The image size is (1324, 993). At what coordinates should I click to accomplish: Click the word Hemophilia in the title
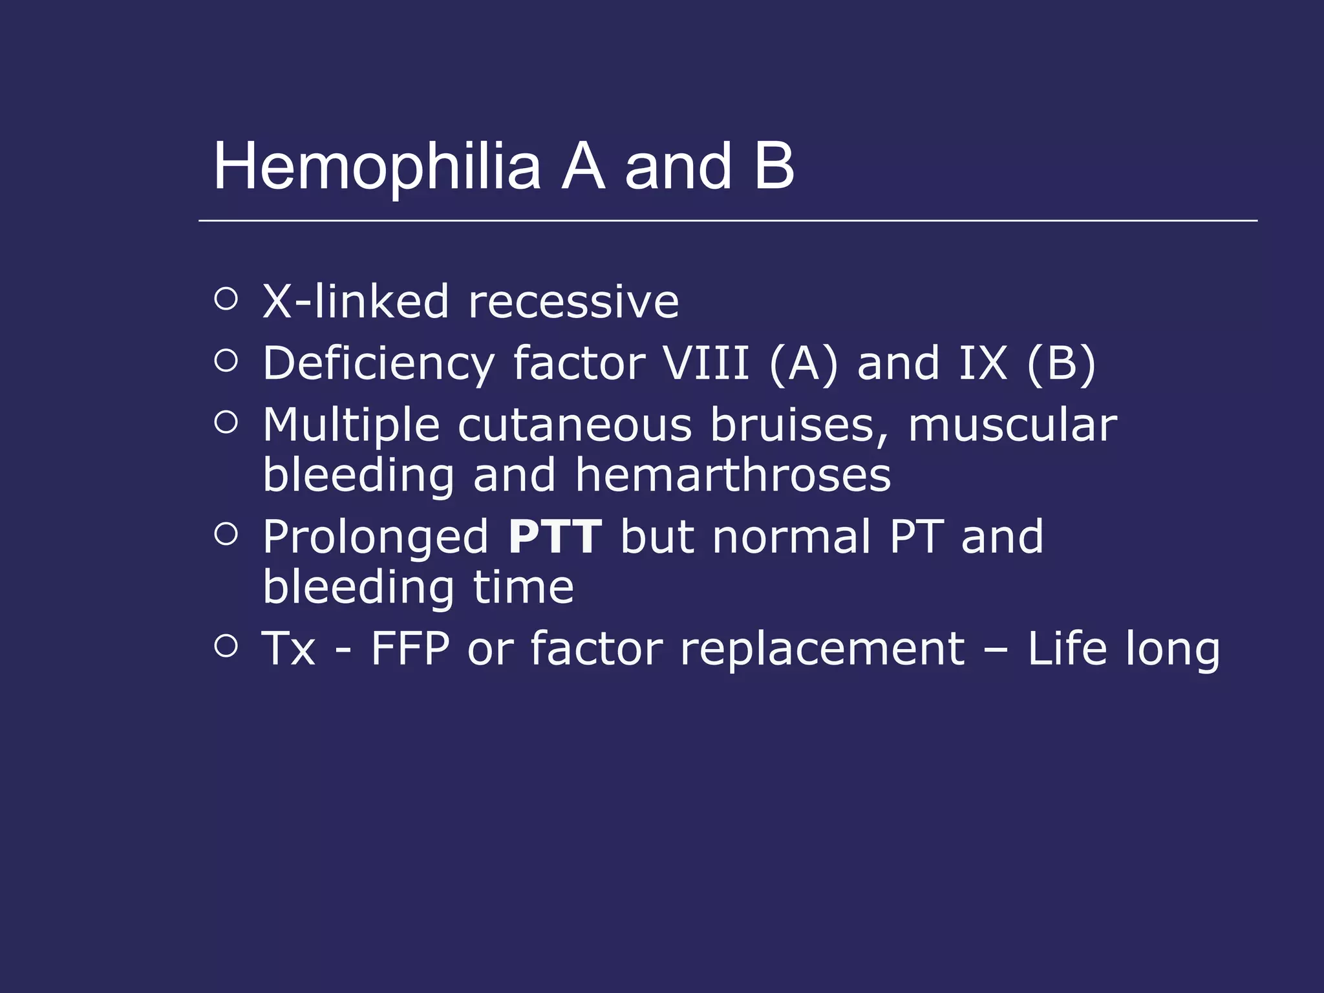click(377, 167)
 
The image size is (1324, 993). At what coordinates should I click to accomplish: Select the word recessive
click(573, 303)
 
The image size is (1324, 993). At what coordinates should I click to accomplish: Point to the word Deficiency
click(378, 363)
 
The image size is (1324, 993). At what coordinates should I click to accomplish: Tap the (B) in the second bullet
click(1061, 363)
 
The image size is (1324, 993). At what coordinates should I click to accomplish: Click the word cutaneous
click(575, 425)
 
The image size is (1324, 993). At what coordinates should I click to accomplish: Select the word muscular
click(1012, 425)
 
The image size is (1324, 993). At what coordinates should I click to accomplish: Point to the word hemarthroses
click(733, 475)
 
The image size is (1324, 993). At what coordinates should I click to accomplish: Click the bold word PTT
click(555, 537)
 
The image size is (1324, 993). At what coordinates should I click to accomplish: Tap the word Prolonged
click(376, 538)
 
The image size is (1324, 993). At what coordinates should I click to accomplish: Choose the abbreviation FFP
click(410, 648)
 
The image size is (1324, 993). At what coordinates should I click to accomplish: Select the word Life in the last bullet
click(1067, 648)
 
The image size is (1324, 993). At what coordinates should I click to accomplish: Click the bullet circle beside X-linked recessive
click(226, 299)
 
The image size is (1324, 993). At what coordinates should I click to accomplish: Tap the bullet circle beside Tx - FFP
click(226, 645)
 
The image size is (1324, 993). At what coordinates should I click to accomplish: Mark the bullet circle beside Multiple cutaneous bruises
click(226, 422)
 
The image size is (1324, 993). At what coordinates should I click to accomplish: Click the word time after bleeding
click(523, 587)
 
